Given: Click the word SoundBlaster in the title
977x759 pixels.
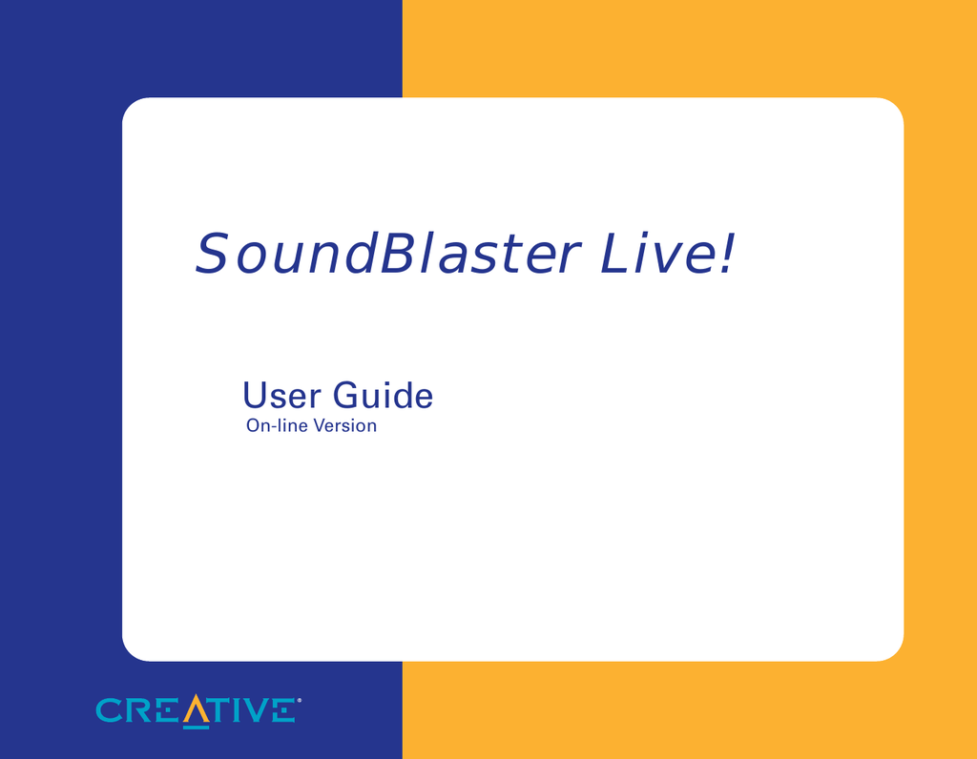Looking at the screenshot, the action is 387,254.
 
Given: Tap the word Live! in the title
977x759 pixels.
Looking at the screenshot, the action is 667,254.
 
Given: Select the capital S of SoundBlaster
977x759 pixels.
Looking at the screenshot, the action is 212,254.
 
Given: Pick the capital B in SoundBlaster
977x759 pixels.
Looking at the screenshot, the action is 398,254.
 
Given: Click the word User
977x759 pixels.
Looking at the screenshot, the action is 281,396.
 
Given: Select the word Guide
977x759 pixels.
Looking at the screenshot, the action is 383,396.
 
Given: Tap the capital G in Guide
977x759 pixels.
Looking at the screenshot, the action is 346,396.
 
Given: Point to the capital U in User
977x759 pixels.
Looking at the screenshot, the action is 255,396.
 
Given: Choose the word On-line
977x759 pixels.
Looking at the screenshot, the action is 277,425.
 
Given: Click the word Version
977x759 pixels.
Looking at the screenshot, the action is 344,425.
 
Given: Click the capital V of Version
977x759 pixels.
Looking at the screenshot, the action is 319,425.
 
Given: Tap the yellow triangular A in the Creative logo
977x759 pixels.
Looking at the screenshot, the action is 196,711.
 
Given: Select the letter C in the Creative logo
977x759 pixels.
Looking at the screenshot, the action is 109,710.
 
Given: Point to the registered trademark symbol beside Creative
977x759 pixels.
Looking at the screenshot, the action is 299,701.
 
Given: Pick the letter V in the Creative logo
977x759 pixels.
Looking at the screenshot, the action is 253,710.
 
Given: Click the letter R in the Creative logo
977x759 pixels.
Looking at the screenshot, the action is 138,710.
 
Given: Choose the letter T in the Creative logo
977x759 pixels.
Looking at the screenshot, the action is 221,710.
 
